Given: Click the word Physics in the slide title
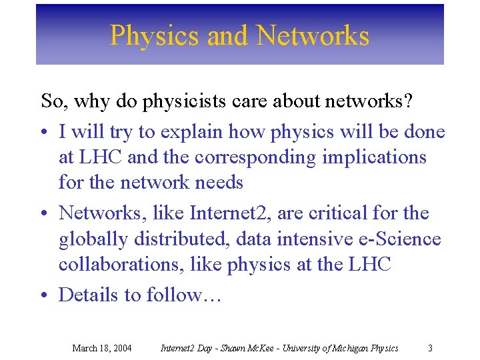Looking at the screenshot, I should click(155, 35).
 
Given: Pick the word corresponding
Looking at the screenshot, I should click(237, 157).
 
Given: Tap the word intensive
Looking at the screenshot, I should click(301, 239).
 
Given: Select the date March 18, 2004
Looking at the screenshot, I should click(101, 348).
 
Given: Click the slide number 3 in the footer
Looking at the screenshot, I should click(430, 348).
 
